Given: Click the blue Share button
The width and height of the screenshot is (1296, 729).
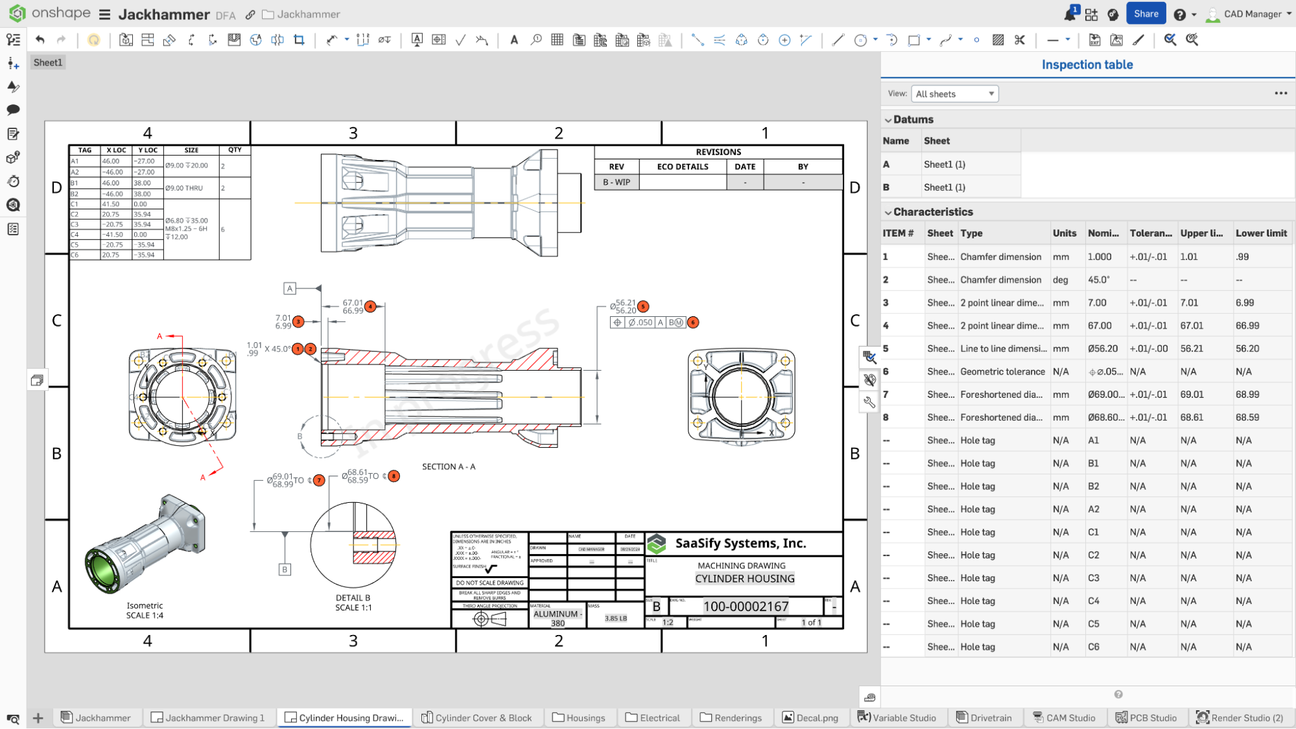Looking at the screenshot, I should [1146, 14].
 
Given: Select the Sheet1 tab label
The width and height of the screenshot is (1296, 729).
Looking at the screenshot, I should [48, 62].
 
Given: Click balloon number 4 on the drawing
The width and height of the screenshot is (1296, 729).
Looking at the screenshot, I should [370, 307].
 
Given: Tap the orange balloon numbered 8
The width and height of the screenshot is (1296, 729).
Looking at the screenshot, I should [394, 476].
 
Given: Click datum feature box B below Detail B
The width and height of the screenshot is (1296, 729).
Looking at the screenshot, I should [285, 570].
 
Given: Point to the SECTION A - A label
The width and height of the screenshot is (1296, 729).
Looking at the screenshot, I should [448, 467].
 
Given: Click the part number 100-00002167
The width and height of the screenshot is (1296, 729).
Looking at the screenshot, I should [746, 607].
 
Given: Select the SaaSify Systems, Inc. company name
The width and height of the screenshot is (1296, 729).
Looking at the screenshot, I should [740, 543].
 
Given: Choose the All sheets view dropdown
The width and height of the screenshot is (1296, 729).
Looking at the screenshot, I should [954, 94].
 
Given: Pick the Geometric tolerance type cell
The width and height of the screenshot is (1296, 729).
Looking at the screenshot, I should [1002, 371].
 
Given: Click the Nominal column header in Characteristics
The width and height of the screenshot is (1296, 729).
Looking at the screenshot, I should [1103, 233].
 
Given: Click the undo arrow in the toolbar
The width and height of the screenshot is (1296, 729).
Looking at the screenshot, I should [40, 40].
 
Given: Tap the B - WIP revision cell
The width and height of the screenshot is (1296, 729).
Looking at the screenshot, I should [616, 182].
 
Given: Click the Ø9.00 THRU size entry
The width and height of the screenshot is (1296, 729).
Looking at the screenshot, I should [184, 188].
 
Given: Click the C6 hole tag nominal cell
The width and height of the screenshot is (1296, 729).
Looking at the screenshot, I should [1094, 647].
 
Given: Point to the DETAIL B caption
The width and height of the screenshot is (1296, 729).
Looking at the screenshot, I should [353, 597].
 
